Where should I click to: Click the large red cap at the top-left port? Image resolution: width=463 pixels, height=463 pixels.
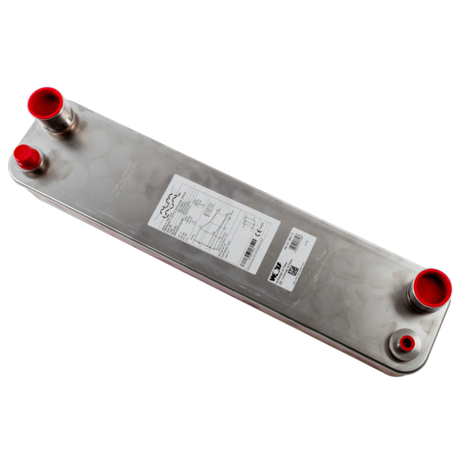44,102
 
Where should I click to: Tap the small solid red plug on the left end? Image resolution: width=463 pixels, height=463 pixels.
25,155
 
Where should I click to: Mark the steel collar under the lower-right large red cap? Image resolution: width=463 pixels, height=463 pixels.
419,301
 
